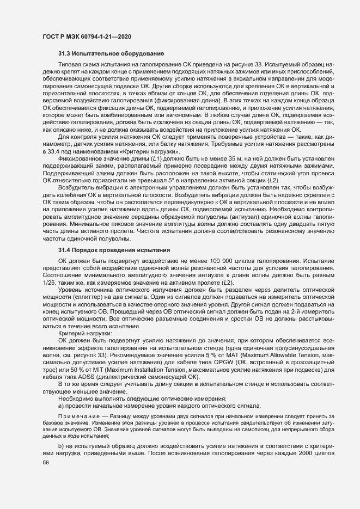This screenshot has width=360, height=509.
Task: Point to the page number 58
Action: tap(46, 463)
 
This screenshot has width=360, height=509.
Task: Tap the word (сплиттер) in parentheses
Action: tap(91, 299)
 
